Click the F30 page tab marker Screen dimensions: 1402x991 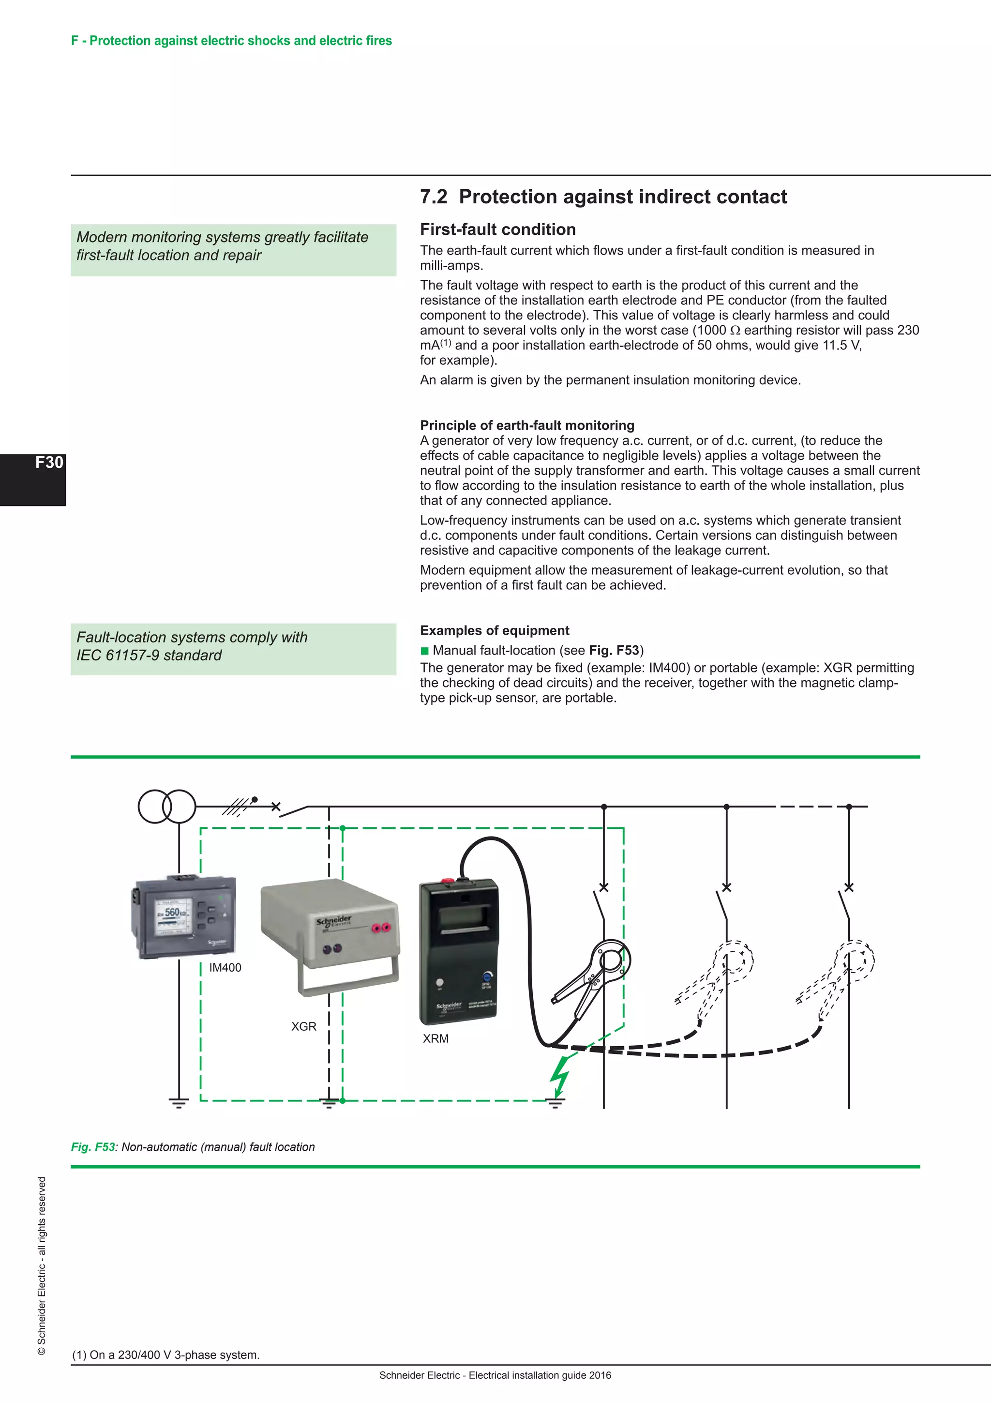click(x=48, y=462)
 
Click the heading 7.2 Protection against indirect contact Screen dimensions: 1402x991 click(x=603, y=197)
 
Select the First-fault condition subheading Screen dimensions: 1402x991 click(x=497, y=229)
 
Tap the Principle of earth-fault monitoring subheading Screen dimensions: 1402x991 click(x=526, y=425)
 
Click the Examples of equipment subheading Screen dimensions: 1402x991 click(x=494, y=630)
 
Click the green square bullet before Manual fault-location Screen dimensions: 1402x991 click(x=425, y=651)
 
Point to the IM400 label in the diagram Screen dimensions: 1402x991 click(x=225, y=967)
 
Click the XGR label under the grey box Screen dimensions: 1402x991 click(x=303, y=1026)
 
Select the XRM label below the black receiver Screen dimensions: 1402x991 click(x=435, y=1039)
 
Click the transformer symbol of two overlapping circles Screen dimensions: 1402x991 click(x=166, y=806)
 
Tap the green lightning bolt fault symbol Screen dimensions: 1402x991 click(x=559, y=1076)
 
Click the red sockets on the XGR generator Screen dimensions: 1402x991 click(x=381, y=928)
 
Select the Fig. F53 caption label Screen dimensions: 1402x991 click(x=93, y=1147)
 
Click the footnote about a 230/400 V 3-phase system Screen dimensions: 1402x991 click(x=166, y=1355)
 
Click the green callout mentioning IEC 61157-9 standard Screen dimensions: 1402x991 click(x=233, y=649)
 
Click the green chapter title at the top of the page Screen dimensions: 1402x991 click(x=231, y=41)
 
